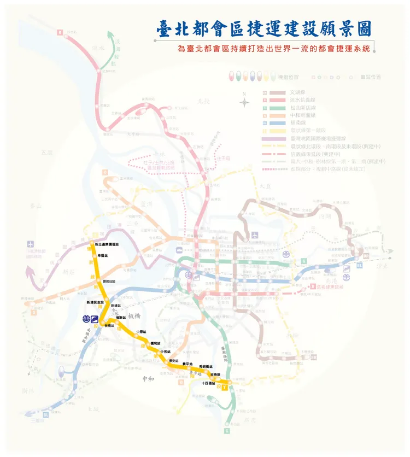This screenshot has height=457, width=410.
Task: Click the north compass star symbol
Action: click(244, 101)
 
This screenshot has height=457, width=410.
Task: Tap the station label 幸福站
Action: click(103, 255)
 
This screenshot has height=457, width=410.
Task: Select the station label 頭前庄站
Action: click(109, 281)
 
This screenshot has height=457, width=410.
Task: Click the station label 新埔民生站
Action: click(94, 302)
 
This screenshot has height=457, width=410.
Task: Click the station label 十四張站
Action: click(208, 383)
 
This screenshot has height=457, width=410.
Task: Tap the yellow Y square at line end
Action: click(224, 388)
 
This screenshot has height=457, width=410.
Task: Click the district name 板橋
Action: click(134, 316)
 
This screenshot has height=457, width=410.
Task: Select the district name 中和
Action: click(148, 379)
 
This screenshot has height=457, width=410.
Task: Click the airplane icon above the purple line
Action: click(30, 244)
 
